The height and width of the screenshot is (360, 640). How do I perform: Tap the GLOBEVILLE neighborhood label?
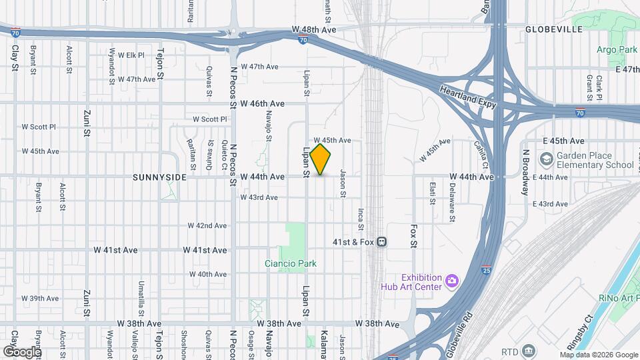553,29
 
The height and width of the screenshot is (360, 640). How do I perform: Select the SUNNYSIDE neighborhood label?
157,177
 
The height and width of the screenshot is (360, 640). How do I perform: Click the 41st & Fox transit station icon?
381,241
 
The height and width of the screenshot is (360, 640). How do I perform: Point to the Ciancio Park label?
291,263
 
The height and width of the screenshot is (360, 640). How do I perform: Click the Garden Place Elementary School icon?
547,160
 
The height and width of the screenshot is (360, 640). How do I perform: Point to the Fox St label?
413,235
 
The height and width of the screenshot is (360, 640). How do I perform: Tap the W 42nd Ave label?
207,226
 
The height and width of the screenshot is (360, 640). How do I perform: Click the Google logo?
22,351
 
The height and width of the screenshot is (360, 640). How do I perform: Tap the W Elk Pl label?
131,55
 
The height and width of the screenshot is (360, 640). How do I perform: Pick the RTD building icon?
528,351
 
